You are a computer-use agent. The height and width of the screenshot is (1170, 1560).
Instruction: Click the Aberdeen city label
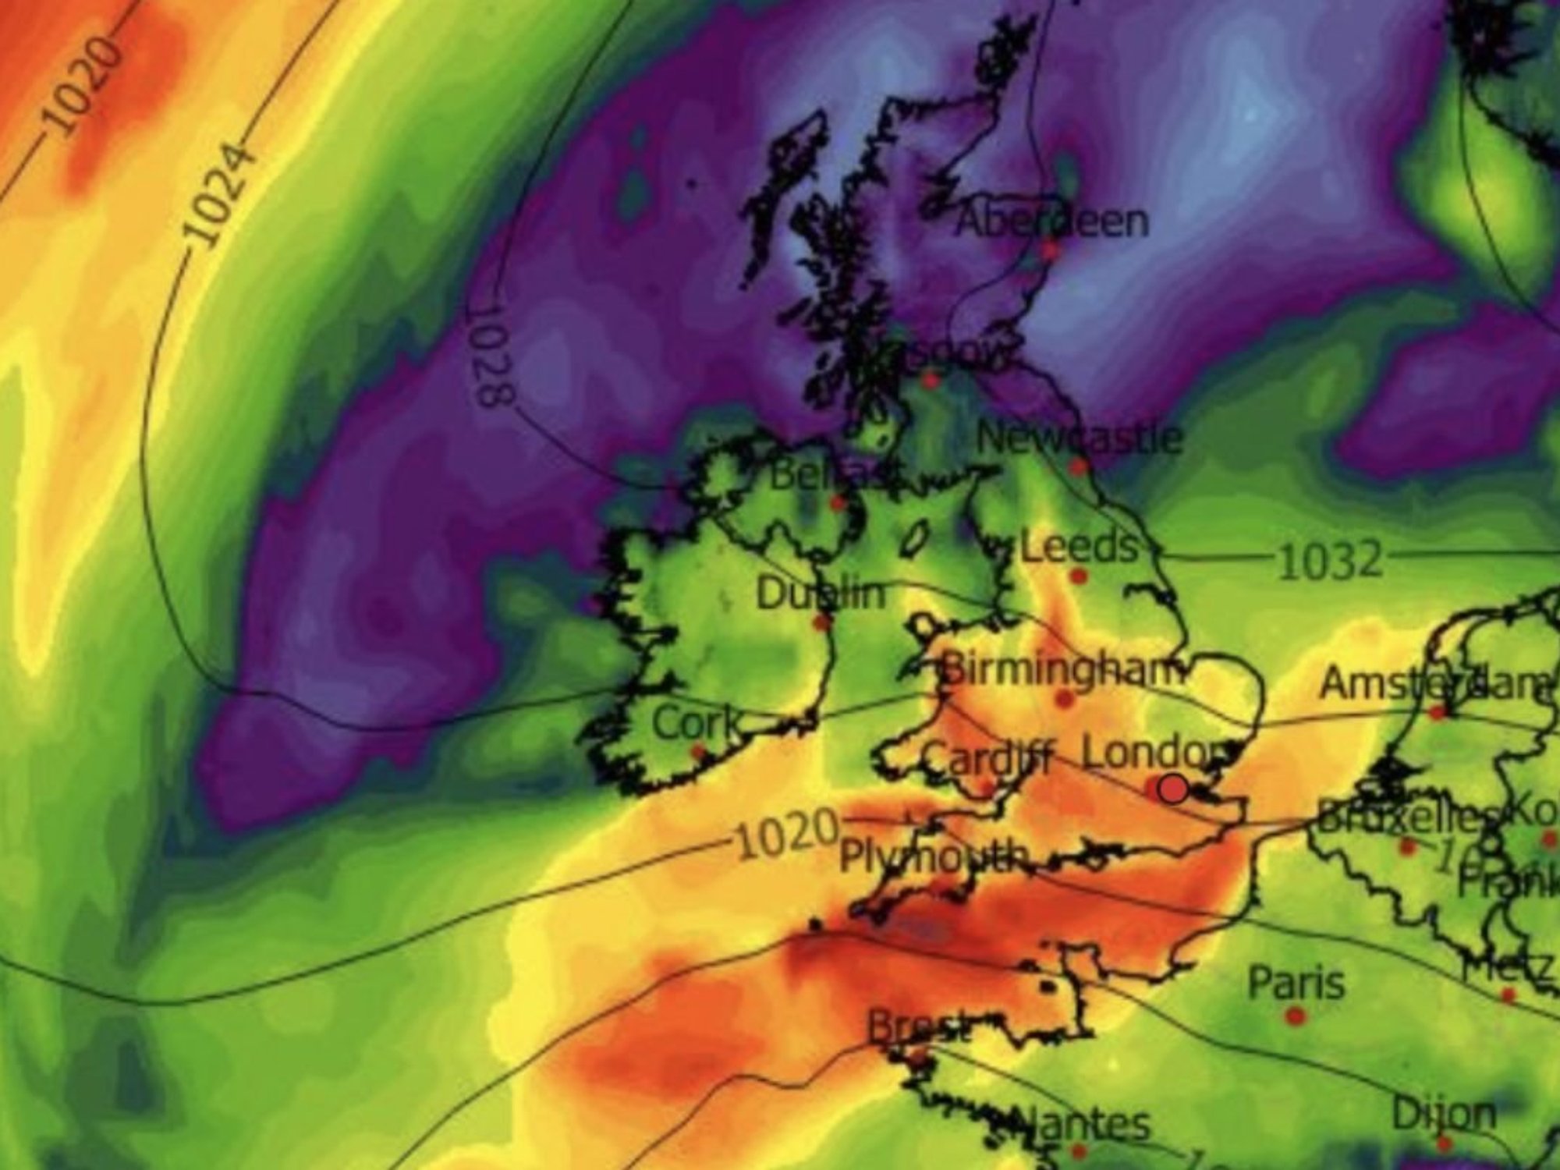pyautogui.click(x=1052, y=222)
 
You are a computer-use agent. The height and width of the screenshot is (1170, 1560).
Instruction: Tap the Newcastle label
pyautogui.click(x=1080, y=438)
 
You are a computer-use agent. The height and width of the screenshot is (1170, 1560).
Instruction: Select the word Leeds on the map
pyautogui.click(x=1080, y=547)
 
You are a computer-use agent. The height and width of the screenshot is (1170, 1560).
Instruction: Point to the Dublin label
pyautogui.click(x=821, y=595)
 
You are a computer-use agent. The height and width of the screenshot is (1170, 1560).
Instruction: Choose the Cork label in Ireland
pyautogui.click(x=696, y=724)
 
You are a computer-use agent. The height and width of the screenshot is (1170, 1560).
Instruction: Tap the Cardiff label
pyautogui.click(x=987, y=757)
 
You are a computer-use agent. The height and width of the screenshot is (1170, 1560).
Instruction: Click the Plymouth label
pyautogui.click(x=933, y=857)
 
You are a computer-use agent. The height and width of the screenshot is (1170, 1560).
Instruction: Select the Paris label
pyautogui.click(x=1296, y=983)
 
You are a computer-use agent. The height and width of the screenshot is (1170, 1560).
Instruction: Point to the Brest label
pyautogui.click(x=920, y=1028)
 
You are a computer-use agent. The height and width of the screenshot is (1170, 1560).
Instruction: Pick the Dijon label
pyautogui.click(x=1444, y=1114)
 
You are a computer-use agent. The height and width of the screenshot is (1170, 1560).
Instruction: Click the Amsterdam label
pyautogui.click(x=1435, y=684)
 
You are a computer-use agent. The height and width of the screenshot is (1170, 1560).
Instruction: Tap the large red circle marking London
pyautogui.click(x=1172, y=789)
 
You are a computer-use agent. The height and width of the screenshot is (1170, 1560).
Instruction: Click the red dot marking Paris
pyautogui.click(x=1296, y=1016)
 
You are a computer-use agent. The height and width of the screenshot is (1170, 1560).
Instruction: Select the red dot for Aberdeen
pyautogui.click(x=1050, y=251)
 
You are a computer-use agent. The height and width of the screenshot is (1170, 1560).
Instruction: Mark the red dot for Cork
pyautogui.click(x=699, y=753)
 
